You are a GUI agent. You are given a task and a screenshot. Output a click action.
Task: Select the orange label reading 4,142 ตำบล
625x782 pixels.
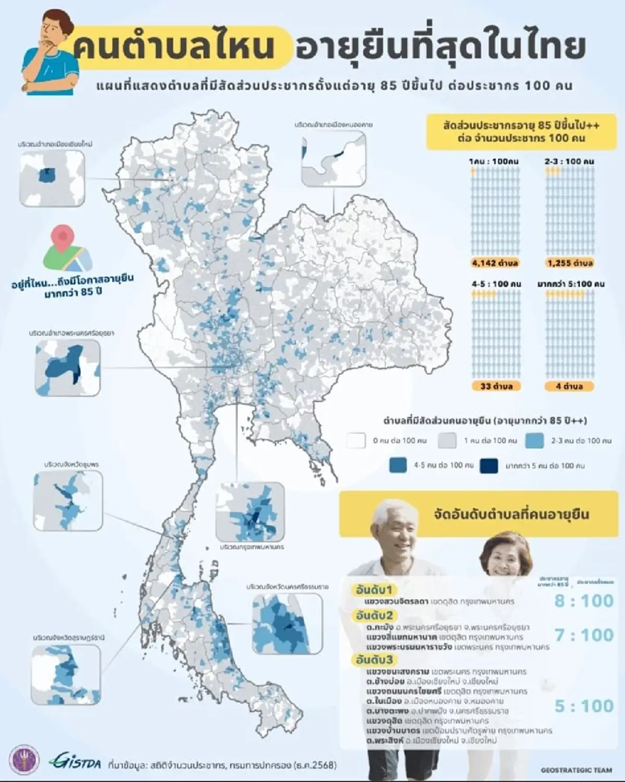(x=495, y=263)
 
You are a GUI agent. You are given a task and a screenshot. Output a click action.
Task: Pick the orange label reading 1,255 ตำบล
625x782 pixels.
(x=570, y=263)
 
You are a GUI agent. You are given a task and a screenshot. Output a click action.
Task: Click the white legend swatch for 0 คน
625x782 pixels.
(x=357, y=441)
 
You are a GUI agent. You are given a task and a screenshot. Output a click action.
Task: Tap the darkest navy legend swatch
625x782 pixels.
(x=489, y=466)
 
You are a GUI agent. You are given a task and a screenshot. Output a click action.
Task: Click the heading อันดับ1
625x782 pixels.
(x=374, y=590)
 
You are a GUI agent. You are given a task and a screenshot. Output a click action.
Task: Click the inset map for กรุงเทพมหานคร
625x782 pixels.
(x=250, y=512)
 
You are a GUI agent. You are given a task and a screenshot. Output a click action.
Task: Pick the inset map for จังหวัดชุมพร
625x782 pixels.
(x=68, y=501)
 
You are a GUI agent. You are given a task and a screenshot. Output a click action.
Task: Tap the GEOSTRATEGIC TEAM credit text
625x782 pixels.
(x=576, y=770)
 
